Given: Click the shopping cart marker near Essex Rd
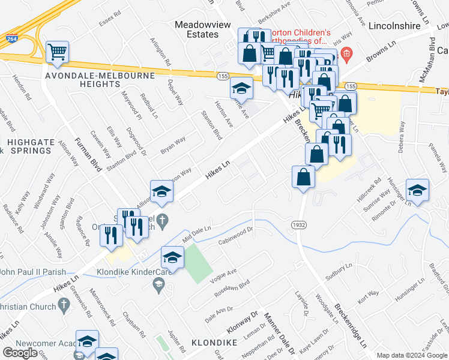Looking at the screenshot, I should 57,52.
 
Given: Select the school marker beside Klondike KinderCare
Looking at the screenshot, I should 172,258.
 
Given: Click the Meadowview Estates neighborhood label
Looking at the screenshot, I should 196,29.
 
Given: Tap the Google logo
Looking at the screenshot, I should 20,352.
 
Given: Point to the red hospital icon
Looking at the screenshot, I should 346,56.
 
